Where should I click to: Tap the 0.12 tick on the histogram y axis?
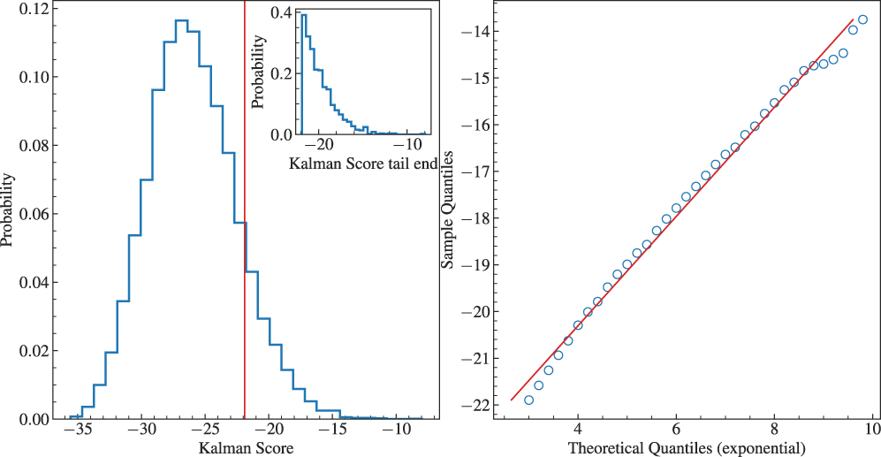[36, 10]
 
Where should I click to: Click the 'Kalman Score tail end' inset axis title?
[364, 164]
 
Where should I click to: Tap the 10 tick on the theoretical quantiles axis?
[871, 429]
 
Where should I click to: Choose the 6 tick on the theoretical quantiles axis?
[676, 429]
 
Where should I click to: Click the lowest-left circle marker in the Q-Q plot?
[528, 400]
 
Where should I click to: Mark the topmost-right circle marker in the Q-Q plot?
[862, 19]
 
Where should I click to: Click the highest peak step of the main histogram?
[182, 20]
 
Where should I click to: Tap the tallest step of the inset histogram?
[303, 15]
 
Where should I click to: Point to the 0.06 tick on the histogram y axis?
[36, 214]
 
